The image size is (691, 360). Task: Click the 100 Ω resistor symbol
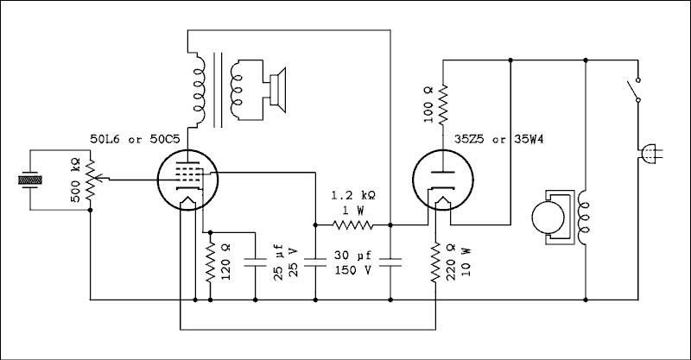[x=444, y=104]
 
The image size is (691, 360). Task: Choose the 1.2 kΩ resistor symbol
[x=353, y=225]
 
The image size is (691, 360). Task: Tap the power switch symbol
[x=635, y=90]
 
